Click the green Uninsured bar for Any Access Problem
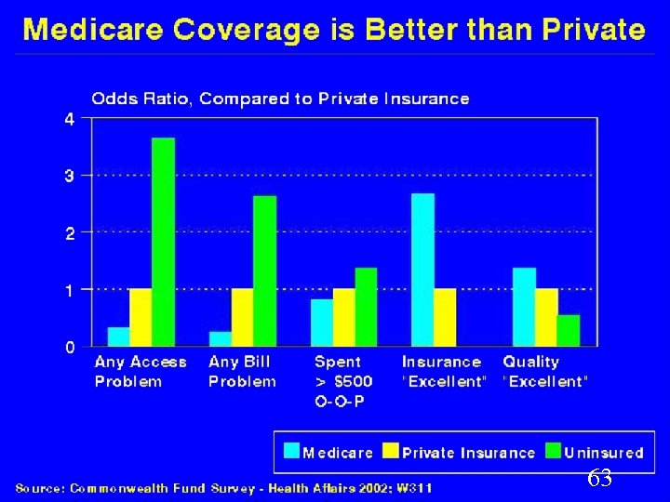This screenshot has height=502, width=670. click(164, 242)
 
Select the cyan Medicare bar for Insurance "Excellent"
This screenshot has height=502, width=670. click(422, 270)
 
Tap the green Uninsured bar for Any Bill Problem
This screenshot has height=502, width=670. click(265, 271)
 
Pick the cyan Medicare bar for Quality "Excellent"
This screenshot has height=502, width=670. click(524, 307)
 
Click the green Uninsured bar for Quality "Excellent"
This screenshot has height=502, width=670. click(569, 330)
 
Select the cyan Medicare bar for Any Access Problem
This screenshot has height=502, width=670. click(118, 337)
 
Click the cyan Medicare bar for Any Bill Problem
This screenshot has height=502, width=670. click(221, 338)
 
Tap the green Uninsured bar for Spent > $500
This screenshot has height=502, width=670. click(367, 307)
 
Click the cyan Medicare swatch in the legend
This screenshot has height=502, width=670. click(291, 452)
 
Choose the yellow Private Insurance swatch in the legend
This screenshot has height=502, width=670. click(391, 452)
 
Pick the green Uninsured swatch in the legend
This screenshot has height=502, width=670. click(553, 452)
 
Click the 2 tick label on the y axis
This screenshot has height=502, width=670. click(70, 232)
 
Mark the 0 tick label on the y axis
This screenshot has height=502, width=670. click(70, 347)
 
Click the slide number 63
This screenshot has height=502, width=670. click(599, 480)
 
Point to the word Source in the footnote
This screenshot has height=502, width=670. click(42, 486)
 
